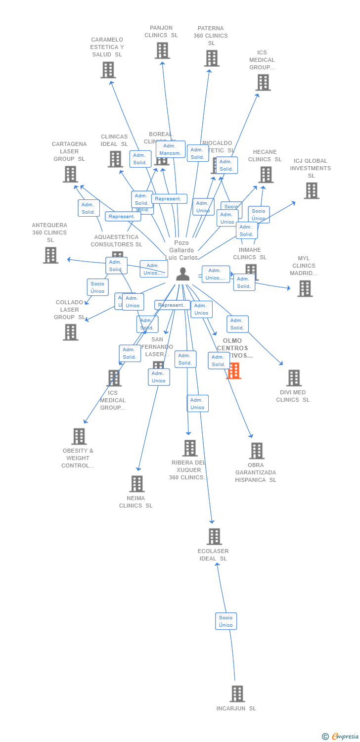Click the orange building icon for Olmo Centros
[233, 371]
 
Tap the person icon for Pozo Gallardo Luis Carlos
[183, 274]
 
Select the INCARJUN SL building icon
[237, 694]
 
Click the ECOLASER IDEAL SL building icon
[214, 536]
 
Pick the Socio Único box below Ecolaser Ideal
[226, 621]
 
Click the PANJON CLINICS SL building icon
[162, 50]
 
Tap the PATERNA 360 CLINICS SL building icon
[211, 58]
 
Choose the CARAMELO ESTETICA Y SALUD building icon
[108, 70]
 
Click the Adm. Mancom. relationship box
[171, 149]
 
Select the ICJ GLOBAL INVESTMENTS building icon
[311, 190]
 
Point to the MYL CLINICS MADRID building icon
[305, 288]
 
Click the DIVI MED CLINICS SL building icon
[294, 378]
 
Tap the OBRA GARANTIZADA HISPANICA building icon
[256, 451]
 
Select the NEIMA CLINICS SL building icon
[136, 484]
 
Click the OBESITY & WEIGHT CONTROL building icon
[79, 436]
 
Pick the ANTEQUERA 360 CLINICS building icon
[50, 255]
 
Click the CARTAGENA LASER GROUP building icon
[70, 174]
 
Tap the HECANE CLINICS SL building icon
[266, 175]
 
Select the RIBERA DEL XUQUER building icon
[190, 448]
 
